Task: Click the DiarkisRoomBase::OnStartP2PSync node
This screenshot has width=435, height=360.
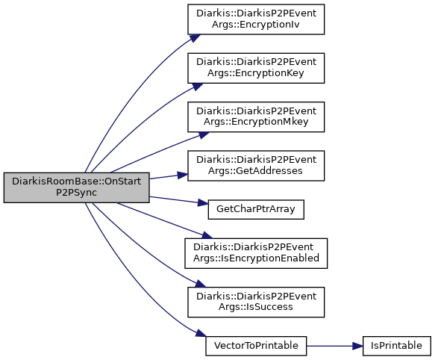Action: coord(77,187)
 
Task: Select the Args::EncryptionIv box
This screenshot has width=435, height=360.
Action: coord(256,19)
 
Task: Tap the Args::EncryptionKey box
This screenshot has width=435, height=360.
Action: coord(256,68)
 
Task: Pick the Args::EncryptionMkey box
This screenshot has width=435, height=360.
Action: coord(256,117)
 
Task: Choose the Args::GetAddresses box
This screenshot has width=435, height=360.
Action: coord(256,166)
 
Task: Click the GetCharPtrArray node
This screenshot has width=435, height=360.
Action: coord(256,209)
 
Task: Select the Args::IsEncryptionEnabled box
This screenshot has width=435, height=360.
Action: coord(256,253)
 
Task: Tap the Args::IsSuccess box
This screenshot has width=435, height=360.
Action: coord(256,302)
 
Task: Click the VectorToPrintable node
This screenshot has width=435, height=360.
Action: coord(256,346)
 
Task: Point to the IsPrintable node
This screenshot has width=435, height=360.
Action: coord(397,346)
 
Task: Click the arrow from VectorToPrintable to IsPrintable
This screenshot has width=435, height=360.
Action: coord(334,346)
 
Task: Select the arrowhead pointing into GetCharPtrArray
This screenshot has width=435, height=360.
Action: coord(203,203)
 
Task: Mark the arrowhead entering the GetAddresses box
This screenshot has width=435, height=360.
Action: coord(183,175)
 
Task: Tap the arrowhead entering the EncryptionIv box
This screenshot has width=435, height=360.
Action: coord(195,38)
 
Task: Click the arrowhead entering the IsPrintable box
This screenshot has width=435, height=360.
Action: coord(358,346)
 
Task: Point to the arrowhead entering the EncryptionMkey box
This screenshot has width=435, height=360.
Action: coord(204,134)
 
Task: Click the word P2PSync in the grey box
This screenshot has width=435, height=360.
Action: coord(77,193)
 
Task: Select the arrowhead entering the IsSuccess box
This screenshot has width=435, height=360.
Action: coord(201,284)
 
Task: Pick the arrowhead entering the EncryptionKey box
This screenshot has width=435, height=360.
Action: coord(198,87)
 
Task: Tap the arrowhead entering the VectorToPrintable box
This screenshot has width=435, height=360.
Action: coord(201,333)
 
